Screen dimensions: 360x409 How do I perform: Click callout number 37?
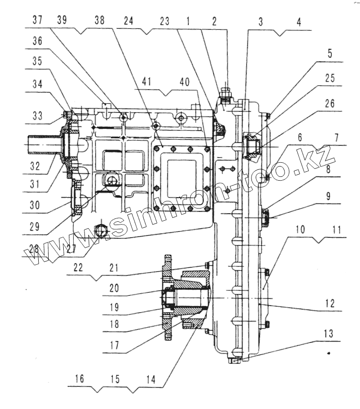[37, 19]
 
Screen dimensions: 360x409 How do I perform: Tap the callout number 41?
[147, 82]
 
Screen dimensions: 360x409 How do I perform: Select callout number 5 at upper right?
[330, 53]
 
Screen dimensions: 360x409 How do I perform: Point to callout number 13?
[329, 334]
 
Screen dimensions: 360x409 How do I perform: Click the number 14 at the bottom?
[151, 380]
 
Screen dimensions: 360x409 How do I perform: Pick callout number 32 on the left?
[35, 166]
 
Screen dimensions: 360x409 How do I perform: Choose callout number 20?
[114, 288]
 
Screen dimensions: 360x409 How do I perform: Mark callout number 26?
[330, 104]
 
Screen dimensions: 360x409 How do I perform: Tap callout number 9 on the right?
[328, 196]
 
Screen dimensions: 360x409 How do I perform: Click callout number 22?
[78, 267]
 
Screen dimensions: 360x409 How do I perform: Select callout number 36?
[37, 41]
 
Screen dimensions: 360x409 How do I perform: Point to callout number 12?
[330, 303]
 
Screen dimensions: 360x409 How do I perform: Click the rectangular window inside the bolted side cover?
[182, 179]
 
